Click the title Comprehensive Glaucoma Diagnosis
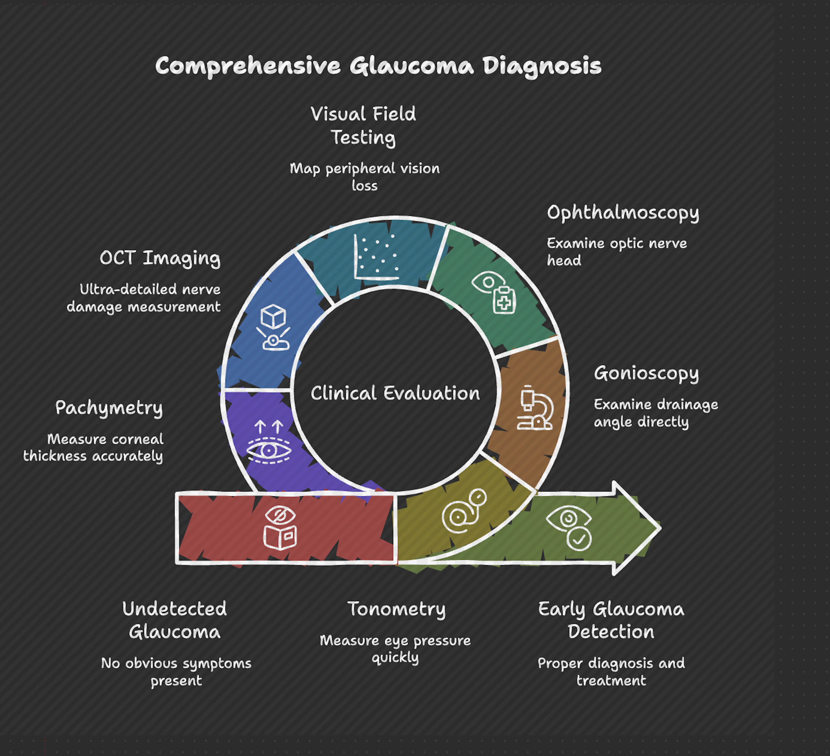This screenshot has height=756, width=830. pyautogui.click(x=378, y=66)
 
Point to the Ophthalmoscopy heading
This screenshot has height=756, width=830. pyautogui.click(x=622, y=213)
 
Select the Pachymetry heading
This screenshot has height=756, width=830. pyautogui.click(x=109, y=408)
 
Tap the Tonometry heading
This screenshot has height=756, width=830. pyautogui.click(x=396, y=609)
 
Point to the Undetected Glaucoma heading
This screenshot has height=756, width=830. pyautogui.click(x=175, y=620)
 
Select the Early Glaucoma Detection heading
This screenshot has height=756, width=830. pyautogui.click(x=611, y=620)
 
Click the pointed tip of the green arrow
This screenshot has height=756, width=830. pyautogui.click(x=659, y=528)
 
